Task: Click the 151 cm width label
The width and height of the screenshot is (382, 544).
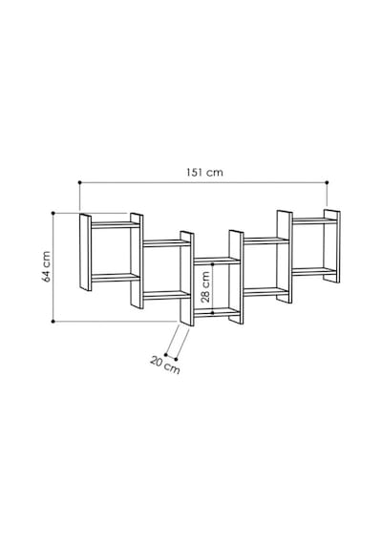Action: pos(205,173)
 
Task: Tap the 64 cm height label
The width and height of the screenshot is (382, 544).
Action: pos(47,266)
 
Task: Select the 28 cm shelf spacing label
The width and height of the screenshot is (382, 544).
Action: pos(205,287)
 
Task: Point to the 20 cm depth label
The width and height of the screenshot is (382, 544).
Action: pos(165,366)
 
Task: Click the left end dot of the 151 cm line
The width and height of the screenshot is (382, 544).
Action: pos(80,182)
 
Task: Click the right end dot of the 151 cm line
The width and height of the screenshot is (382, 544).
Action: pos(328,182)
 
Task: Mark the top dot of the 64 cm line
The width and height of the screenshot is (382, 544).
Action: pos(53,213)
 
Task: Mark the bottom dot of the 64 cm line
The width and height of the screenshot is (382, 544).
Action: pos(53,322)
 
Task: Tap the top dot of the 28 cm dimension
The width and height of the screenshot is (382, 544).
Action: pos(213,264)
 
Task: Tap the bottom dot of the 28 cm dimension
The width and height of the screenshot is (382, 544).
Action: pos(213,313)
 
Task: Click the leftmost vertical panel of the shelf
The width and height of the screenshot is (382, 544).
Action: pos(85,252)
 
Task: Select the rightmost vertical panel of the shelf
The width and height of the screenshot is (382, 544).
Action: pos(332,246)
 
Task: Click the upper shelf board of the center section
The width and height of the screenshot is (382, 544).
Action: pos(217,261)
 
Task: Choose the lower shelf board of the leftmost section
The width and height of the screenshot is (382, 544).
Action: pos(116,278)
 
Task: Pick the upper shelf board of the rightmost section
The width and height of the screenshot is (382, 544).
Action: pos(314,220)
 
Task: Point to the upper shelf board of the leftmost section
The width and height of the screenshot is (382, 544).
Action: pos(116,225)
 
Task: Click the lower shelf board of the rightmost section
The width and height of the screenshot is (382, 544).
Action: pos(314,271)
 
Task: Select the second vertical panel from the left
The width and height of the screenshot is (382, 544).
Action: pos(137,261)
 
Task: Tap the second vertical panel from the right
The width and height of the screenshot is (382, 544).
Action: pos(285,257)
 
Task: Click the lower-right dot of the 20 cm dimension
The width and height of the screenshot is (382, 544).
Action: pos(176,360)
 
